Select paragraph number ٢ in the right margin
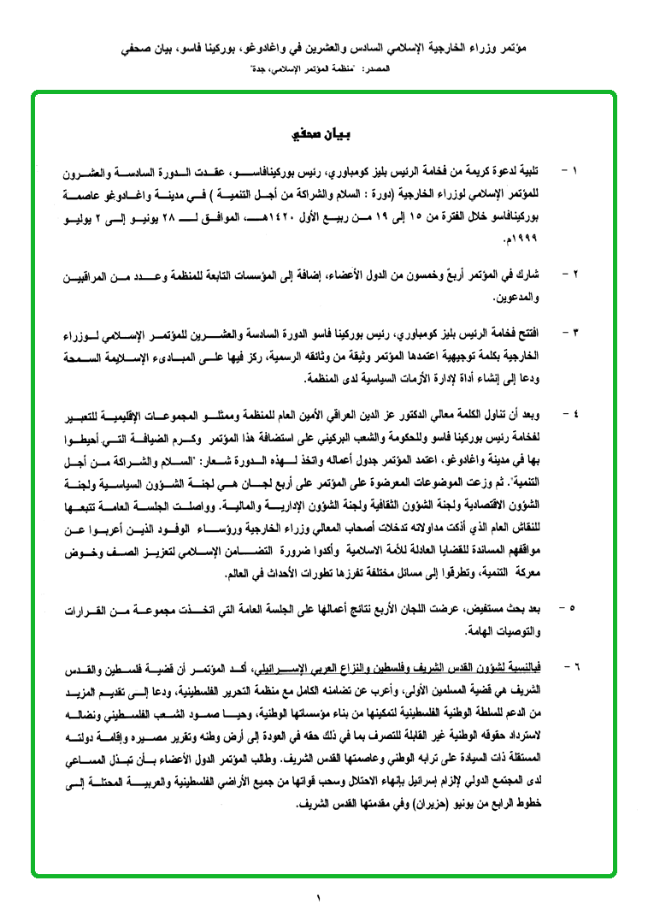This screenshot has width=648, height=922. coord(575,275)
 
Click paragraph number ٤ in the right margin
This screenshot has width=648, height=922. coord(575,413)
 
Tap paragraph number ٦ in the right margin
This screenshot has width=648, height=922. coord(575,661)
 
